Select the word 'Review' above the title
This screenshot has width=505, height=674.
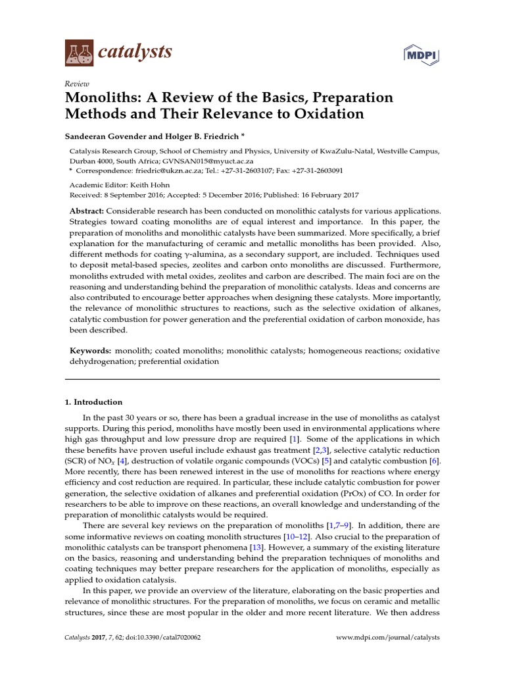tap(77, 84)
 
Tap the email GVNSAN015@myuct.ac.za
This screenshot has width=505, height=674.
tap(197, 160)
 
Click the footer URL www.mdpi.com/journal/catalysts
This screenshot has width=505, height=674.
tap(388, 638)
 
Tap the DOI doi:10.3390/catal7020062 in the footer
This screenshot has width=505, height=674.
tap(153, 638)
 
